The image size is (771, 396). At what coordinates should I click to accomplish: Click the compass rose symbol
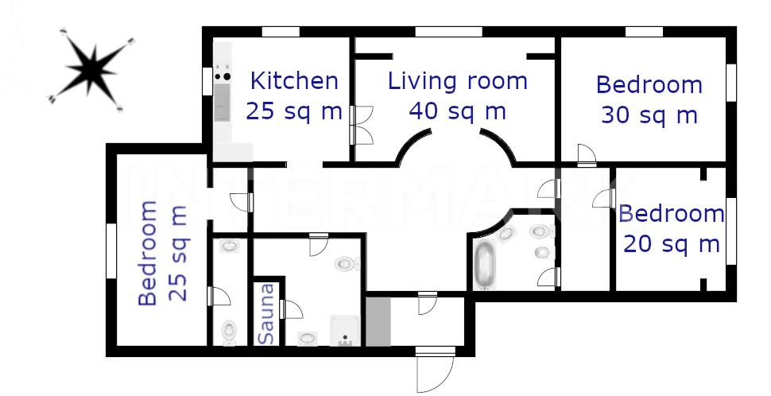click(91, 70)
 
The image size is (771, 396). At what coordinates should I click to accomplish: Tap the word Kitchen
click(294, 81)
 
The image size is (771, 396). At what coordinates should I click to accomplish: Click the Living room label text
click(457, 81)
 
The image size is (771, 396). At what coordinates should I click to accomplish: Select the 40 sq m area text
click(457, 111)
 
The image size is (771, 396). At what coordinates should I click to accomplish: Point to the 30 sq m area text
click(649, 115)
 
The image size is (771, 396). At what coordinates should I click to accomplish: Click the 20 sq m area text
click(671, 244)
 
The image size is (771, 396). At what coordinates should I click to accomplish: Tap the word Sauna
click(266, 314)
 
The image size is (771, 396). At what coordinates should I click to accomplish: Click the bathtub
click(486, 264)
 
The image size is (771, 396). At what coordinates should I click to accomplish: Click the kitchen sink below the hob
click(223, 102)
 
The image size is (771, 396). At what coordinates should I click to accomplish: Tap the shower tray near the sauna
click(345, 330)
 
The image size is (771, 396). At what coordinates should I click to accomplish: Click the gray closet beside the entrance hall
click(378, 321)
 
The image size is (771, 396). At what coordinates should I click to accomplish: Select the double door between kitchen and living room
click(361, 126)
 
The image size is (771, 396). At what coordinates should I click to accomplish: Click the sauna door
click(291, 309)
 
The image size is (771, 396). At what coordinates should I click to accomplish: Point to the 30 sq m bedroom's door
click(587, 154)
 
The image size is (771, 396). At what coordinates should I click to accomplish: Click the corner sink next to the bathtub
click(506, 233)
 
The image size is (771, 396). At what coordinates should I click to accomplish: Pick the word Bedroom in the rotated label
click(148, 254)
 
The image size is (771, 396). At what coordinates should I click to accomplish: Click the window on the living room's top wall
click(448, 32)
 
